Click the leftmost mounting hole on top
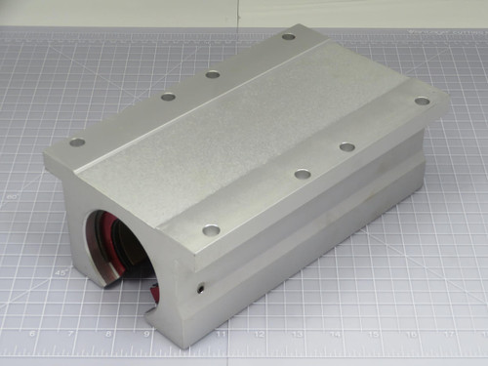pyautogui.click(x=77, y=142)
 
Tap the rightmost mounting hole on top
pyautogui.click(x=422, y=101)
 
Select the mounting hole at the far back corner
pyautogui.click(x=288, y=37)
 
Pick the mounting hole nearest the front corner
pyautogui.click(x=211, y=232)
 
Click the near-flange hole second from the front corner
pyautogui.click(x=303, y=174)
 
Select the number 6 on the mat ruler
pyautogui.click(x=33, y=333)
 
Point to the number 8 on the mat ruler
pyautogui.click(x=108, y=333)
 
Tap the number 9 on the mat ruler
pyautogui.click(x=146, y=333)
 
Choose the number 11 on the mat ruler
pyautogui.click(x=223, y=333)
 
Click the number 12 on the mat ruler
pyautogui.click(x=260, y=333)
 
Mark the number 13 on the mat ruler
pyautogui.click(x=298, y=333)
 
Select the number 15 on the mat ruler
pyautogui.click(x=374, y=333)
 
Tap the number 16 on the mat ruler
pyautogui.click(x=411, y=333)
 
